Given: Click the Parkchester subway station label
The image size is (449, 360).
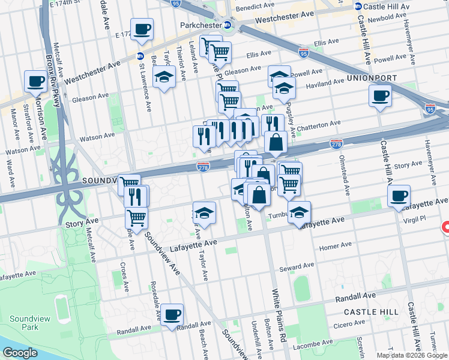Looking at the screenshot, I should coord(201,25).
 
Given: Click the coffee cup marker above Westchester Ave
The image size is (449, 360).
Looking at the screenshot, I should coord(142,29).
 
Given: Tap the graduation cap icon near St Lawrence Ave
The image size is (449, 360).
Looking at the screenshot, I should coord(164,77).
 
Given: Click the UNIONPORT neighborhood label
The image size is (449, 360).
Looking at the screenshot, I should coord(370,79).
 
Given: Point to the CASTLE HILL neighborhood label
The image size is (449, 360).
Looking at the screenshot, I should coord(371,312).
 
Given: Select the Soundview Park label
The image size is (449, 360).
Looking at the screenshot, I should coord(22,323).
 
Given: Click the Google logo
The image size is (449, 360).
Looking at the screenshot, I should coord(19,353).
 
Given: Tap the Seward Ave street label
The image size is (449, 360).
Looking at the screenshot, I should coord(300,265).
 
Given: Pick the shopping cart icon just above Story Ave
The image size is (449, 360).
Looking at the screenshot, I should coord(137,217).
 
